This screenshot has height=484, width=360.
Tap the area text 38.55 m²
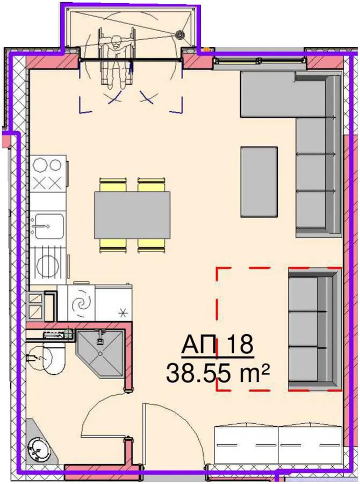pos(218,373)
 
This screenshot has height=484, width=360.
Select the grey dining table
pos(132,215)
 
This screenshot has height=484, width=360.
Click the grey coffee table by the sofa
pos(259,182)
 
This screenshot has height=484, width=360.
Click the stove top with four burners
pos(48,174)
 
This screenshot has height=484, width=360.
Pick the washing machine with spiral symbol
pos(82,302)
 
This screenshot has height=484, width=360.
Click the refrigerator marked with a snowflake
pos(113,302)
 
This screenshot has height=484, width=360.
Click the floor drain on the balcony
pos(179,34)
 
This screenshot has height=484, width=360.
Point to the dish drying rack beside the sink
pos(48,262)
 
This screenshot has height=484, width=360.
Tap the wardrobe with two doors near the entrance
pos(278,445)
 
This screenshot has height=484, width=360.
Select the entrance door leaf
pos(144,433)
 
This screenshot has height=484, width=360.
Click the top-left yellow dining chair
pos(113,184)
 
